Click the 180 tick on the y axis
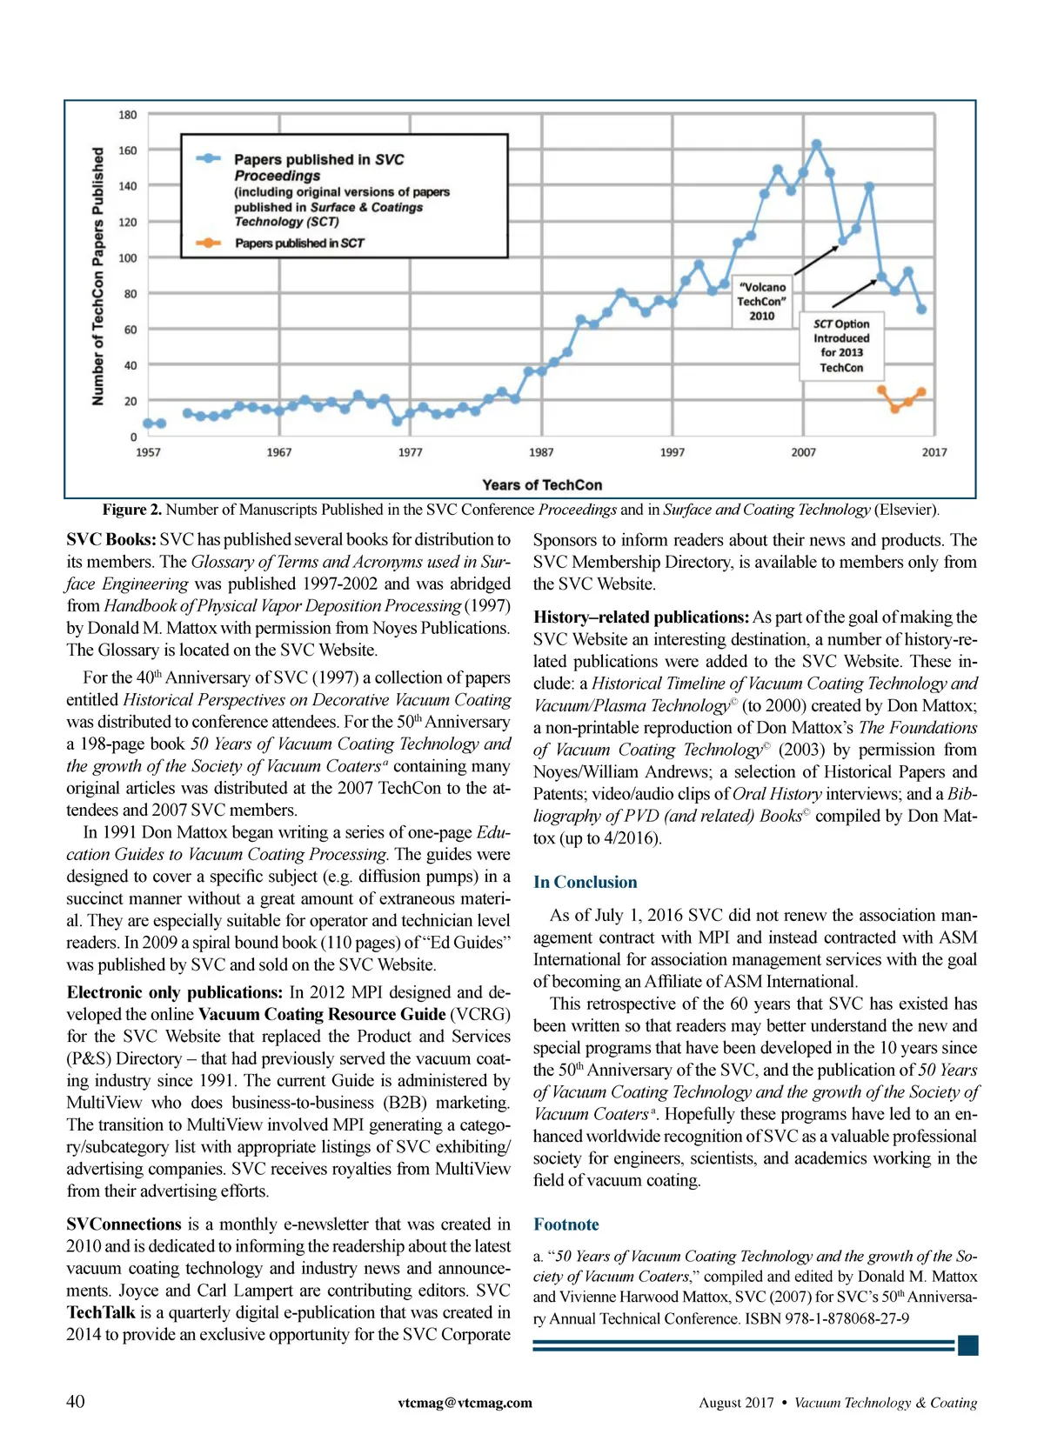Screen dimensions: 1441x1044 [x=127, y=115]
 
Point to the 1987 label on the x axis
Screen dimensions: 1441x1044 [x=541, y=452]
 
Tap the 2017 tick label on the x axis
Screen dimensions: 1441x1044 [x=934, y=452]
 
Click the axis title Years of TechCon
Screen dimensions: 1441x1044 [x=542, y=485]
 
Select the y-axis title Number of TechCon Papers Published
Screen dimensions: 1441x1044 [x=97, y=276]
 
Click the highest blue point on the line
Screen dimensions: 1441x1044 [x=816, y=144]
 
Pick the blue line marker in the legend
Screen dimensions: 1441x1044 [x=208, y=159]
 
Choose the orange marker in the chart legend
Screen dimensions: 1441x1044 [x=208, y=243]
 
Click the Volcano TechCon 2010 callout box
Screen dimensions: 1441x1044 [x=761, y=301]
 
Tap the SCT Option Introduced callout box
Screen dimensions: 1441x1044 [x=840, y=345]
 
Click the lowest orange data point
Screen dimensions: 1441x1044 [x=895, y=408]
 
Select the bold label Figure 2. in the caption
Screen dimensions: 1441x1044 [x=131, y=510]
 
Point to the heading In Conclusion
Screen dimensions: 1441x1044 [x=585, y=882]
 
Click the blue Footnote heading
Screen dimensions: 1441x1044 [x=565, y=1224]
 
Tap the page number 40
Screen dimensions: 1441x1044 [x=76, y=1401]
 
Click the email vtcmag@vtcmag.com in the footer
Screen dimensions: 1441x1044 [x=465, y=1403]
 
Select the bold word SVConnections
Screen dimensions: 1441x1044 [x=124, y=1224]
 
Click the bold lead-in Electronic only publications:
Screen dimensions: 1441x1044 [x=174, y=992]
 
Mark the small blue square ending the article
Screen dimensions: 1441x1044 [x=967, y=1345]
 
